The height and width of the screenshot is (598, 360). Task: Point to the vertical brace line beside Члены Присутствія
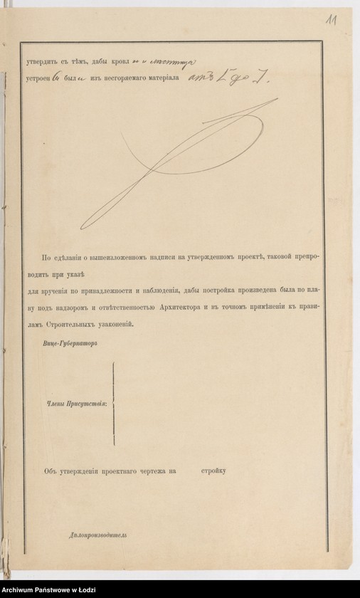[113, 403]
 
